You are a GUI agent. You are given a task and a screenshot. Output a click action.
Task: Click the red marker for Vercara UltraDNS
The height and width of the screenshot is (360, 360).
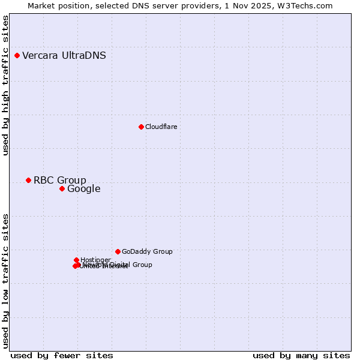click(17, 56)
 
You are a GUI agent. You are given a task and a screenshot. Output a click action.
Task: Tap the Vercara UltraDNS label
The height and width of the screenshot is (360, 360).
click(64, 56)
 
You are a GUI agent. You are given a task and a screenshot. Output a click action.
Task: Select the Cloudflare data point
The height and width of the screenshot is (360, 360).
click(141, 127)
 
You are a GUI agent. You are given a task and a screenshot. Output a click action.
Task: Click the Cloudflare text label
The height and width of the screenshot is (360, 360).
click(161, 127)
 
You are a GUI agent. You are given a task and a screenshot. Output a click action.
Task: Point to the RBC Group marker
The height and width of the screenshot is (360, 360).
click(28, 181)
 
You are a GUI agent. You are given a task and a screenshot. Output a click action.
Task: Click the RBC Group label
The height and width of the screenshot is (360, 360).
click(59, 181)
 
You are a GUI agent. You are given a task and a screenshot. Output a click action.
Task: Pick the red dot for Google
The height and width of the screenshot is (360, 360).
click(62, 189)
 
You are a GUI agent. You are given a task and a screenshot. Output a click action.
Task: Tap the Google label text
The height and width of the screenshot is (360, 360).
click(83, 189)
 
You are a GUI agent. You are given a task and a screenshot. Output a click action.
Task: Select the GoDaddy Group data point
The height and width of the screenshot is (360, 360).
click(118, 251)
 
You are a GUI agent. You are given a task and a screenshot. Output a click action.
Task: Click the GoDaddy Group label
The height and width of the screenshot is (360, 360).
click(147, 251)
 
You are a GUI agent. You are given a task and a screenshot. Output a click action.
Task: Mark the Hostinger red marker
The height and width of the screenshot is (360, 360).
click(76, 260)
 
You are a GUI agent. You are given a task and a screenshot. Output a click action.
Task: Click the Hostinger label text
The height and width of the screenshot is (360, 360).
click(95, 260)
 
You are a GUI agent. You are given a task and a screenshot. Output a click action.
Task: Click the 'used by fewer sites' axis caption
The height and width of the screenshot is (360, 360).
click(62, 355)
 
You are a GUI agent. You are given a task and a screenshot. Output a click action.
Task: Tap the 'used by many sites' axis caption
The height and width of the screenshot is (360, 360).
click(301, 355)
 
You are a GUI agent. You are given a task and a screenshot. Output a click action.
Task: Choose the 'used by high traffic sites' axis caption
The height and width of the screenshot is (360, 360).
click(5, 85)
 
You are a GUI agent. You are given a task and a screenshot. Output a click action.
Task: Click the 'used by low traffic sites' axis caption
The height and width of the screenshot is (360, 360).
click(5, 281)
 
